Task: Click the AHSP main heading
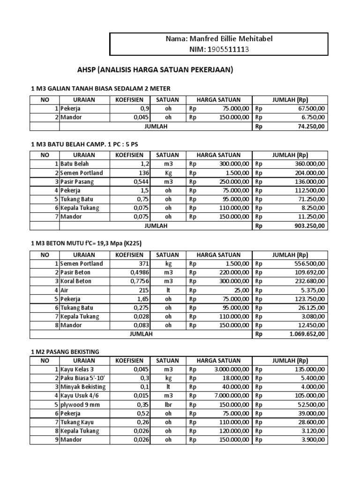point(155,70)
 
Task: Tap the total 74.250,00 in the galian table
point(308,127)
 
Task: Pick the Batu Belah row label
point(75,164)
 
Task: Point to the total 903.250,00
point(308,226)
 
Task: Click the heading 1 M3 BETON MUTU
point(86,243)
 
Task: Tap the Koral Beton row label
point(75,281)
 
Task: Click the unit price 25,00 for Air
point(238,290)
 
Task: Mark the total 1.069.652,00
point(305,334)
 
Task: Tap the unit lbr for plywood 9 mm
point(167,405)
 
